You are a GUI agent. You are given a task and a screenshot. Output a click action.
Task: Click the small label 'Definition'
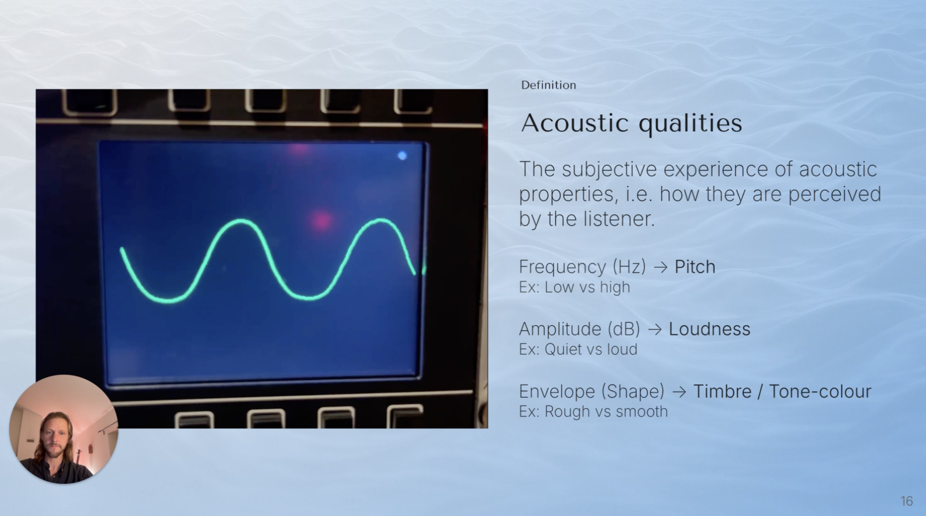click(549, 85)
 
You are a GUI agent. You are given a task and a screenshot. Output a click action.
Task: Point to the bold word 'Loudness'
click(709, 329)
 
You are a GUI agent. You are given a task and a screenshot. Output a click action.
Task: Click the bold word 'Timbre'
click(722, 391)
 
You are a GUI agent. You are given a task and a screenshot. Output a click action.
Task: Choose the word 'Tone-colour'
click(820, 391)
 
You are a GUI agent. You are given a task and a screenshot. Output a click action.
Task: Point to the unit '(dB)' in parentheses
click(624, 329)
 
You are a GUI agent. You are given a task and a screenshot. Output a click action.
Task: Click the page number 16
click(907, 501)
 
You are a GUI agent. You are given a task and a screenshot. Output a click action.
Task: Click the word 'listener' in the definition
click(619, 218)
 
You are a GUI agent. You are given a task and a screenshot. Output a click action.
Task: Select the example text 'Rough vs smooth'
click(606, 411)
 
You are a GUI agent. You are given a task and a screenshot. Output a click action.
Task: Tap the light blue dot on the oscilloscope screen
click(402, 155)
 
